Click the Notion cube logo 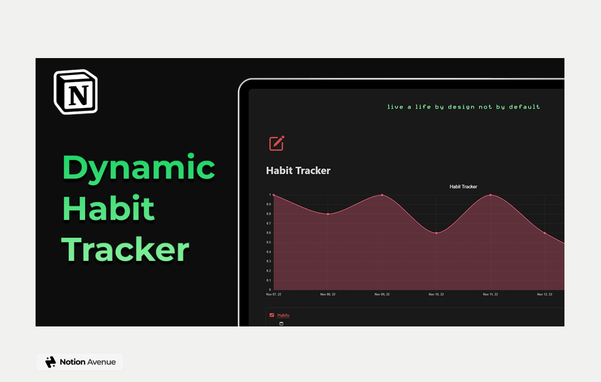coord(76,92)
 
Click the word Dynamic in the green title coord(139,168)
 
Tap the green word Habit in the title coord(108,209)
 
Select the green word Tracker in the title coord(125,249)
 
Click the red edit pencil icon coord(276,143)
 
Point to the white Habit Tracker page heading coord(298,171)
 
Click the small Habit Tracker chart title coord(463,187)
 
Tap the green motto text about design coord(463,107)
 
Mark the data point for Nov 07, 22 coord(273,195)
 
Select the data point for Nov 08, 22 coord(328,214)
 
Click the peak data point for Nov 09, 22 coord(382,195)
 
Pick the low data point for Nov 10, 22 coord(436,233)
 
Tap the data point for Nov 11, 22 coord(490,195)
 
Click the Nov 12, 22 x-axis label coord(544,294)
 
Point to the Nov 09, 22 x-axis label coord(382,294)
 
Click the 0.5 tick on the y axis coord(269,242)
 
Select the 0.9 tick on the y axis coord(269,204)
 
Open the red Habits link coord(283,315)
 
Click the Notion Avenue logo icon coord(51,362)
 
